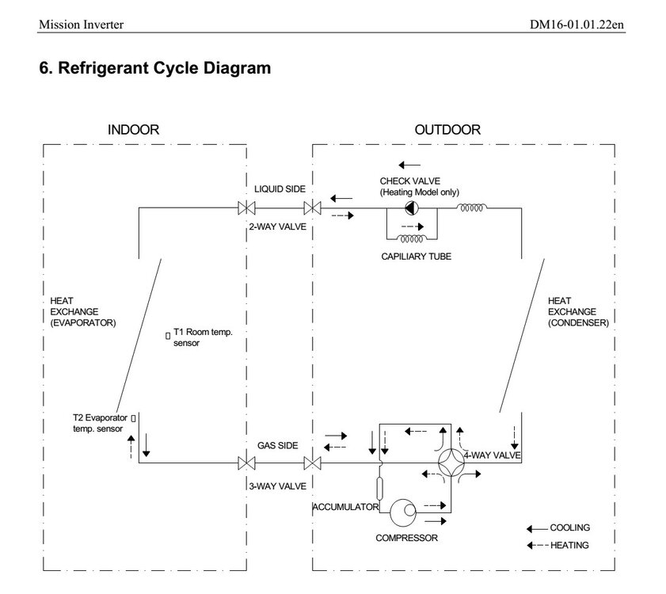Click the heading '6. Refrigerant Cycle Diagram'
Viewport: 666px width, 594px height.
click(154, 68)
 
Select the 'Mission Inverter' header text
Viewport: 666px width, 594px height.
click(81, 25)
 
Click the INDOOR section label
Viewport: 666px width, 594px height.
click(133, 130)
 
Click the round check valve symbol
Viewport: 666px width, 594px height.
click(412, 208)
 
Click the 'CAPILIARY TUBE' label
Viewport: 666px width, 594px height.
click(416, 257)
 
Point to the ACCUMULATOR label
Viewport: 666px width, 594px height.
click(346, 507)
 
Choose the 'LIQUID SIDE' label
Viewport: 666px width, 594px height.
click(280, 190)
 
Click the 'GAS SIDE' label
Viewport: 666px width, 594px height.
click(277, 446)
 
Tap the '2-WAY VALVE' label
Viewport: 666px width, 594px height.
click(277, 227)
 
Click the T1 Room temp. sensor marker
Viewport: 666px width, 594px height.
click(168, 336)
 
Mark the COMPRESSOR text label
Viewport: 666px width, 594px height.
click(406, 538)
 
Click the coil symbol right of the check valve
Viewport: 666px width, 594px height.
click(472, 208)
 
